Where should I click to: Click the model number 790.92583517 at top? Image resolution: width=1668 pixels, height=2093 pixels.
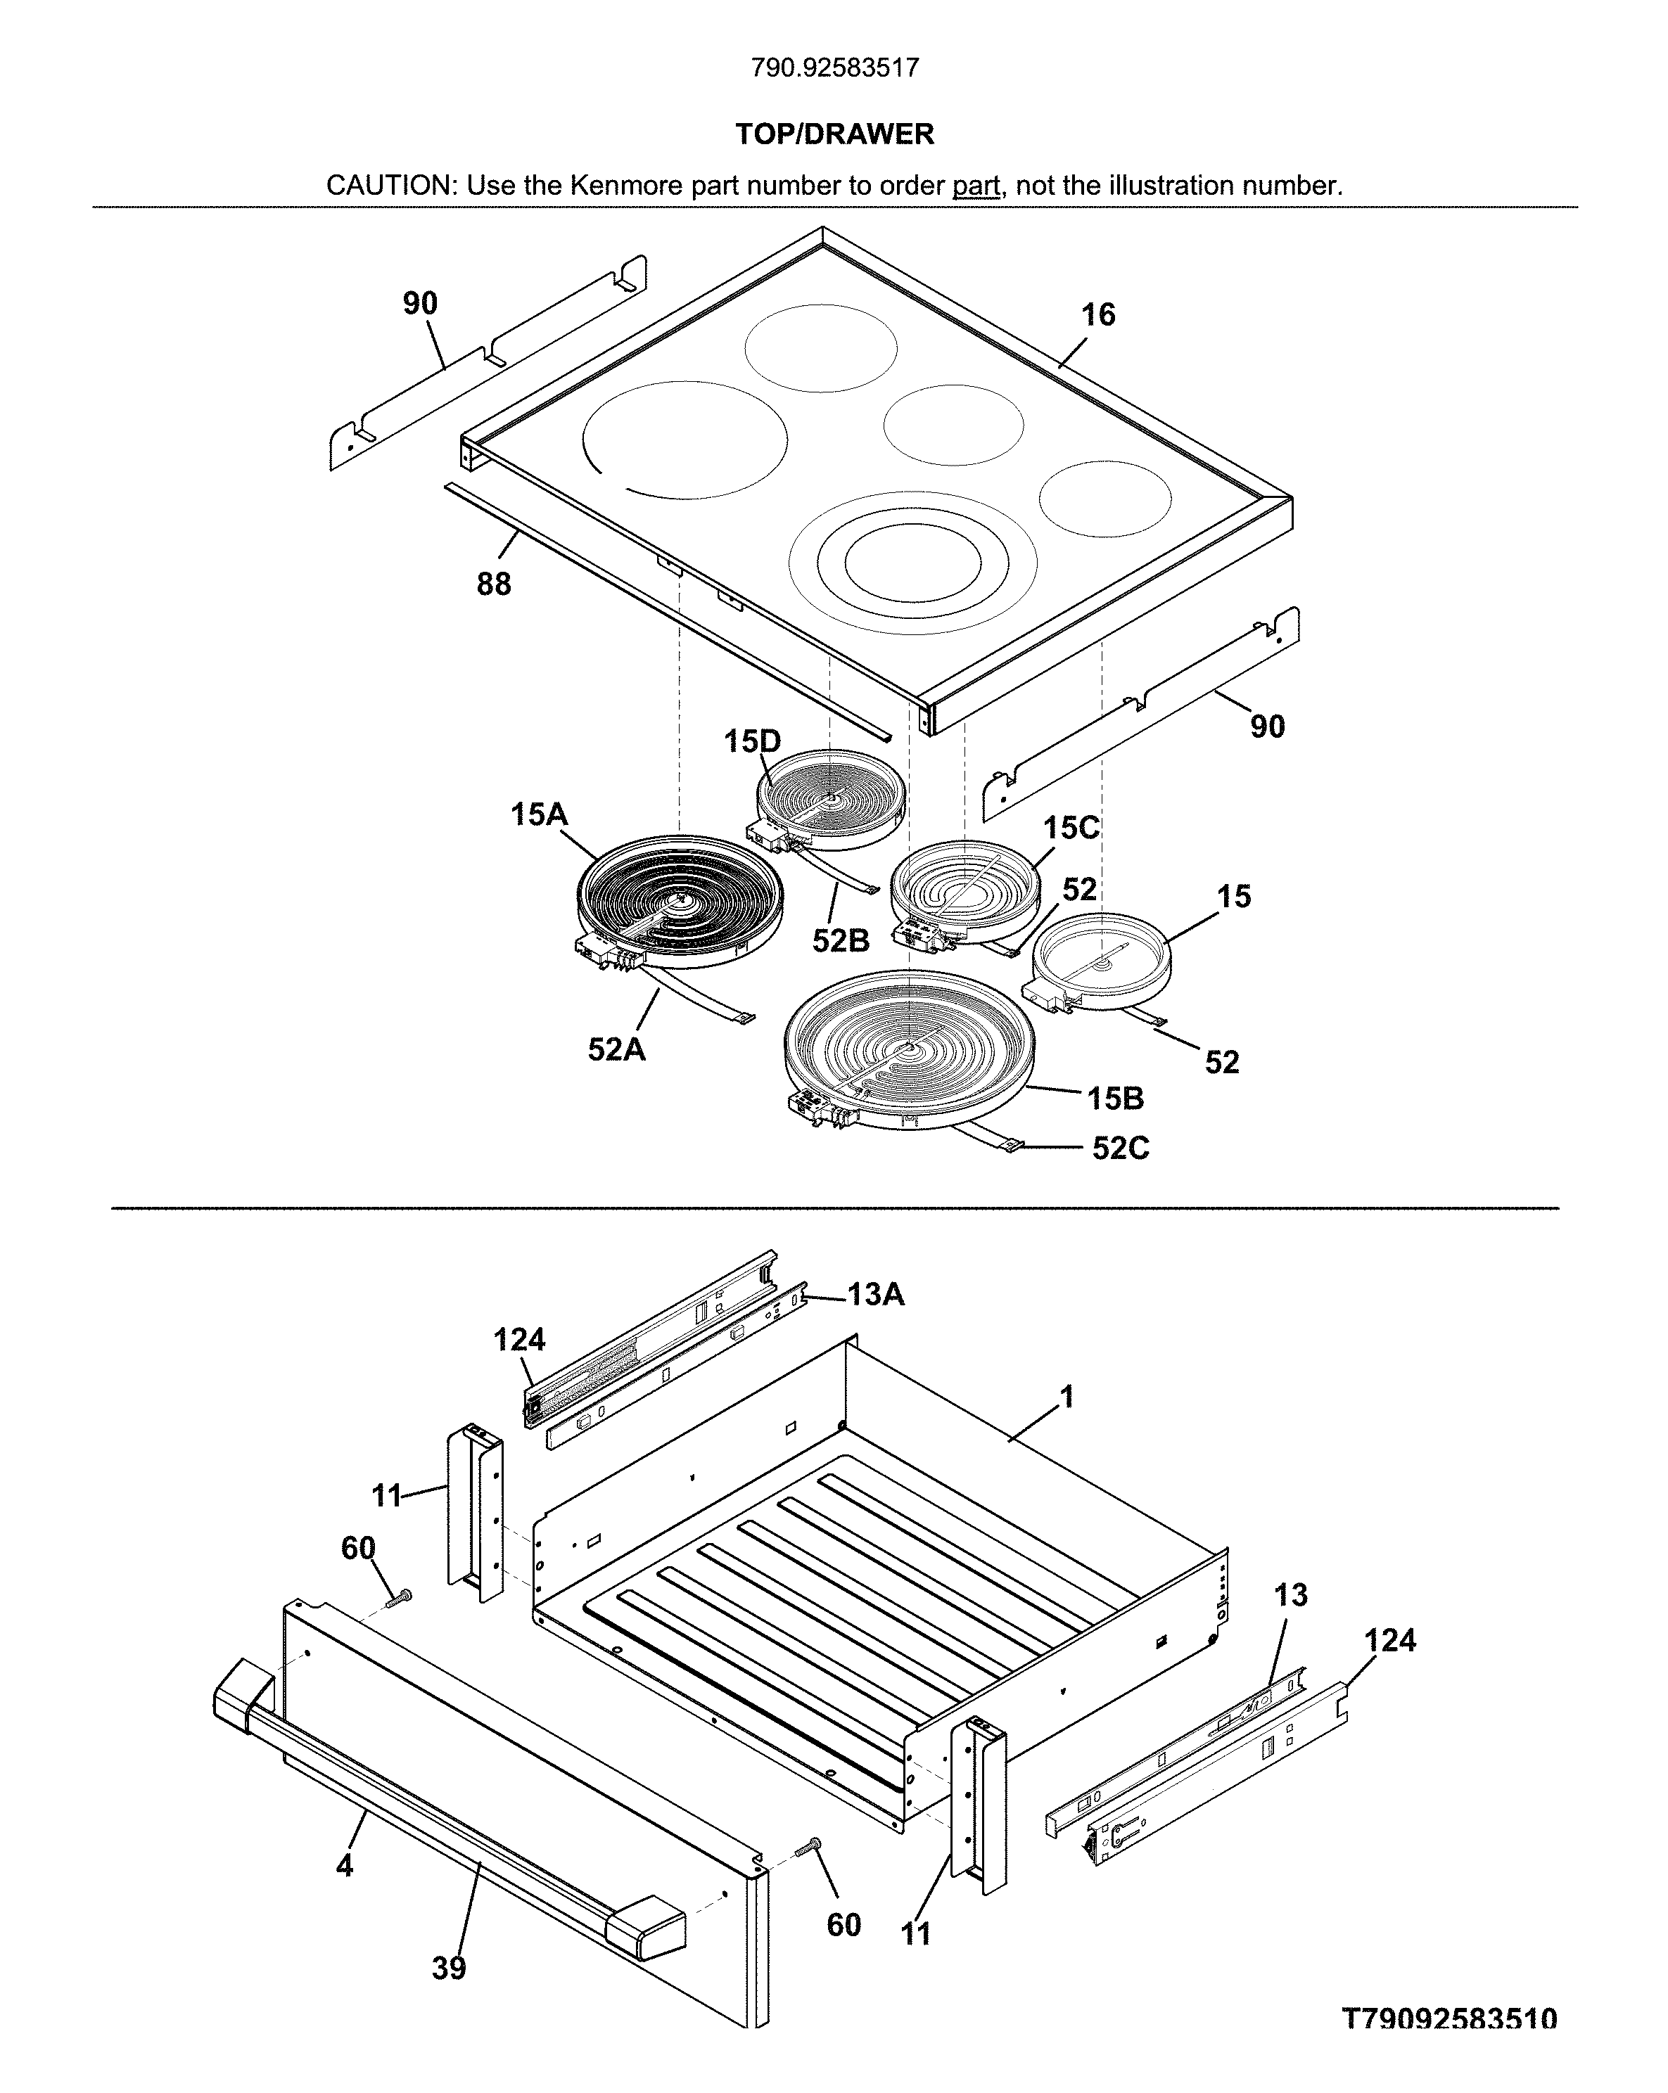point(834,68)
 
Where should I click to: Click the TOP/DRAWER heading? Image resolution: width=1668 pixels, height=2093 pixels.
point(834,134)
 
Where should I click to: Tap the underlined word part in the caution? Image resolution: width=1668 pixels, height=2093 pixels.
point(976,186)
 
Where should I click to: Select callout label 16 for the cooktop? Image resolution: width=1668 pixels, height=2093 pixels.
point(1098,314)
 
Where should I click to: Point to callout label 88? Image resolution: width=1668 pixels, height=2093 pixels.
point(493,584)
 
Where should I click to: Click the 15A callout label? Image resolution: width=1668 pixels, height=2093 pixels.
point(539,814)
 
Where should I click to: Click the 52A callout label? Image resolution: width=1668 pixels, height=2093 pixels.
point(616,1049)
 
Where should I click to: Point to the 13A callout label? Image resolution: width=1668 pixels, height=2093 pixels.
point(876,1294)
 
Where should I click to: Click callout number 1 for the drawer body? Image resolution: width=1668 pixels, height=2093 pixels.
point(1067,1398)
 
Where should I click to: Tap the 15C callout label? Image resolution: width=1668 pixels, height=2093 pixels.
point(1071,828)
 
